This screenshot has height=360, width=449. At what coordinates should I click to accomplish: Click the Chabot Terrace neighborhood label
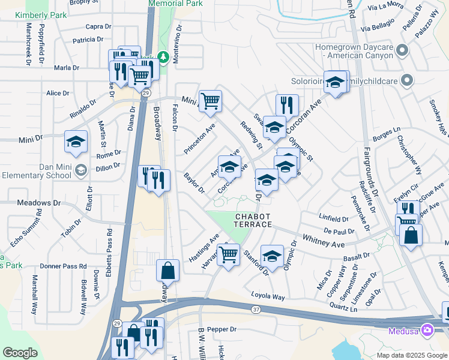pyautogui.click(x=253, y=220)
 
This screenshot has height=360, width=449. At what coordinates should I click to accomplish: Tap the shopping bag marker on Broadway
pyautogui.click(x=167, y=271)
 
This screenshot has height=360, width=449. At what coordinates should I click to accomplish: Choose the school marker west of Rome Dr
pyautogui.click(x=76, y=142)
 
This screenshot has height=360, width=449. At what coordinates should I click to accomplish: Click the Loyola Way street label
pyautogui.click(x=270, y=296)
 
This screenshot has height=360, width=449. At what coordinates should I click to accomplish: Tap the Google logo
pyautogui.click(x=20, y=353)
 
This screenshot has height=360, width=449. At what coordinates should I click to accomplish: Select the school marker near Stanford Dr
pyautogui.click(x=272, y=256)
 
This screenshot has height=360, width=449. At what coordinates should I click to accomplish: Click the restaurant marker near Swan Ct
pyautogui.click(x=287, y=105)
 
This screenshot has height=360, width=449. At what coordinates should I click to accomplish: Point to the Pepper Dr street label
pyautogui.click(x=223, y=329)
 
